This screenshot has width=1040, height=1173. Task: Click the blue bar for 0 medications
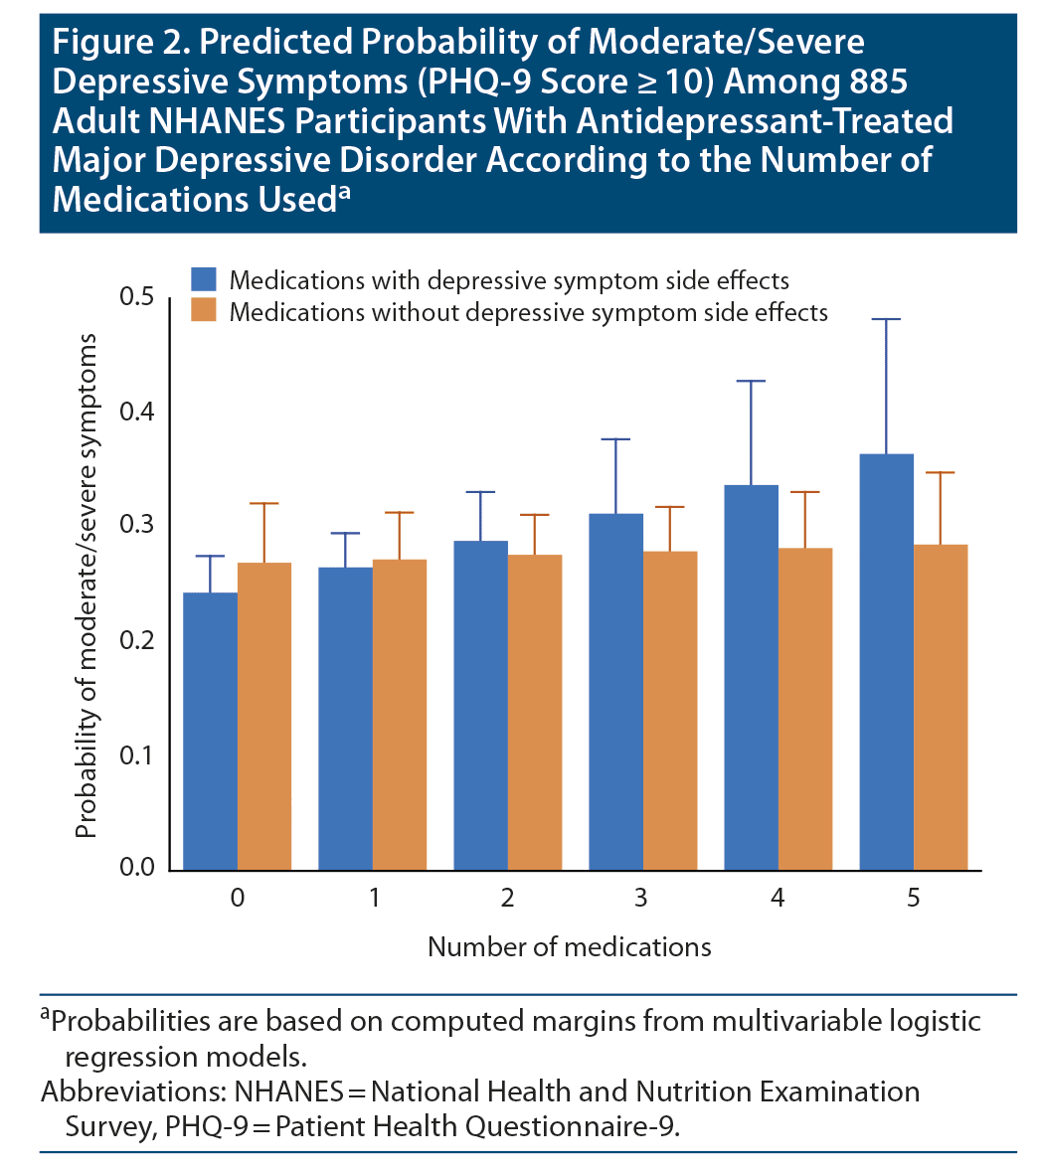211,731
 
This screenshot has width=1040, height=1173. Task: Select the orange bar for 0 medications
264,716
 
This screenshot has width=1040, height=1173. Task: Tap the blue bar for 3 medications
616,691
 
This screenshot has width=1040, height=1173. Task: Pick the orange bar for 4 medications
805,709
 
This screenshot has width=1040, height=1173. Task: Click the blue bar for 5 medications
887,661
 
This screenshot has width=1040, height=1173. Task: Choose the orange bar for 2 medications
535,712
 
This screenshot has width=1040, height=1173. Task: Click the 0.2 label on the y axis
136,640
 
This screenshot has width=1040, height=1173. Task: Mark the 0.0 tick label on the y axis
136,868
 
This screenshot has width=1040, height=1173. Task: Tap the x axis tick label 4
778,899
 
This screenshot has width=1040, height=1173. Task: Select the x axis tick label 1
374,899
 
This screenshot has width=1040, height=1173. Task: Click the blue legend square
205,279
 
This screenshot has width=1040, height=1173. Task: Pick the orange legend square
205,310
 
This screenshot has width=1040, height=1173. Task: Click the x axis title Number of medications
569,946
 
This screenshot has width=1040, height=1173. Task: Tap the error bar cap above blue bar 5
887,319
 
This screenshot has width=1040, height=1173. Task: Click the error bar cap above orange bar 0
264,504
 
